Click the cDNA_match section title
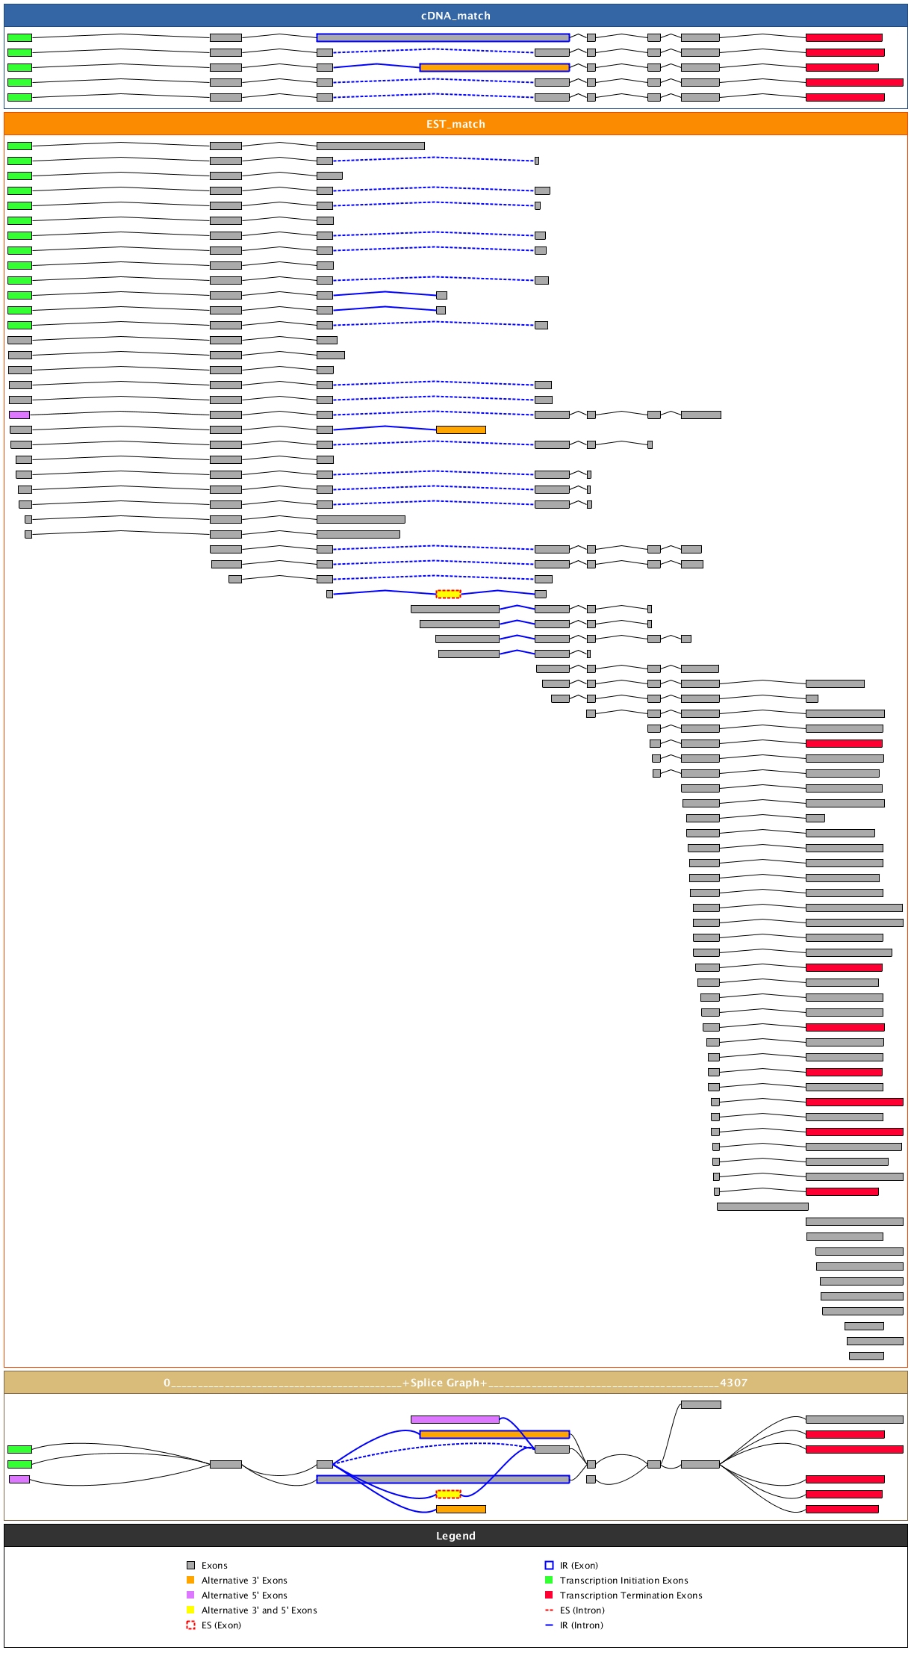(x=455, y=16)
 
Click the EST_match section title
(x=455, y=124)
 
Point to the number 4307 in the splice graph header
(x=733, y=1383)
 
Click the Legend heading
(x=455, y=1536)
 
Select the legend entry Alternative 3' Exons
(x=244, y=1581)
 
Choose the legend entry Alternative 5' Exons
(x=244, y=1596)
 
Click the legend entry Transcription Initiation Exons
(x=624, y=1581)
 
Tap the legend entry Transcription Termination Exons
(x=631, y=1596)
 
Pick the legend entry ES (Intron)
(x=582, y=1610)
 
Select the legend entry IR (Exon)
(x=579, y=1566)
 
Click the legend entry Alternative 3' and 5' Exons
(x=259, y=1610)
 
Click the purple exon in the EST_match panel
(x=19, y=415)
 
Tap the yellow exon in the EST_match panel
(x=448, y=594)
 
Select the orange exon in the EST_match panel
(x=461, y=430)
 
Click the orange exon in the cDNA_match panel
(x=494, y=67)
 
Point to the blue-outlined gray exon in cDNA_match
(x=443, y=37)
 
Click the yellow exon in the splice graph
(x=448, y=1494)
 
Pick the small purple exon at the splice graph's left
(x=19, y=1479)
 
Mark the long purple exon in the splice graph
(x=455, y=1419)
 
